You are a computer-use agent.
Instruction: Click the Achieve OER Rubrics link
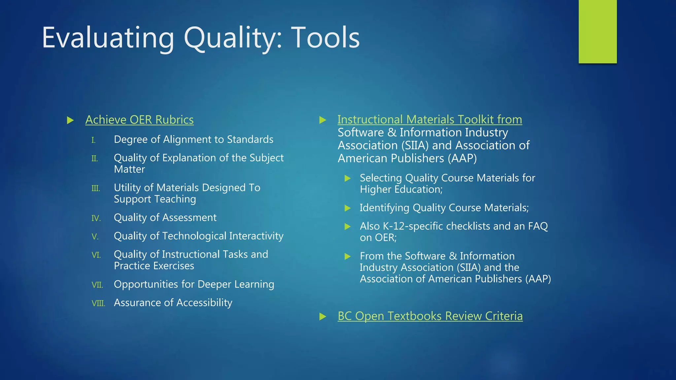pyautogui.click(x=139, y=120)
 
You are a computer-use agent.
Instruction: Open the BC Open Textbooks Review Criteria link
pyautogui.click(x=430, y=316)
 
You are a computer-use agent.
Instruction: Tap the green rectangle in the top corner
pyautogui.click(x=597, y=31)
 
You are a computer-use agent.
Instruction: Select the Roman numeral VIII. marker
pyautogui.click(x=98, y=303)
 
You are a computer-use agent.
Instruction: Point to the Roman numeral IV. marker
pyautogui.click(x=96, y=218)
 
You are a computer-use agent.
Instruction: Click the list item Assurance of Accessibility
pyautogui.click(x=173, y=302)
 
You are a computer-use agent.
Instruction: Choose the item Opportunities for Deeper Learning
pyautogui.click(x=194, y=284)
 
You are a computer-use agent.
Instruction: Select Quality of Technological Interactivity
pyautogui.click(x=198, y=236)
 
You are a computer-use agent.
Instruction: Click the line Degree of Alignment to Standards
pyautogui.click(x=193, y=139)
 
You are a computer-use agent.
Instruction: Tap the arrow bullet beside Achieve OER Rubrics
pyautogui.click(x=70, y=120)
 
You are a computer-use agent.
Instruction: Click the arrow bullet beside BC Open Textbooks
pyautogui.click(x=323, y=317)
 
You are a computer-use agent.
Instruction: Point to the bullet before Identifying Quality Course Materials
pyautogui.click(x=348, y=208)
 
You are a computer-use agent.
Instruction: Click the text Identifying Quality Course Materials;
pyautogui.click(x=444, y=207)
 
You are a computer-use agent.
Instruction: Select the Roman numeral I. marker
pyautogui.click(x=93, y=141)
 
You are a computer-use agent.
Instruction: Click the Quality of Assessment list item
pyautogui.click(x=165, y=217)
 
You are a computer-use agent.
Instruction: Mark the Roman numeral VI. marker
pyautogui.click(x=96, y=255)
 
